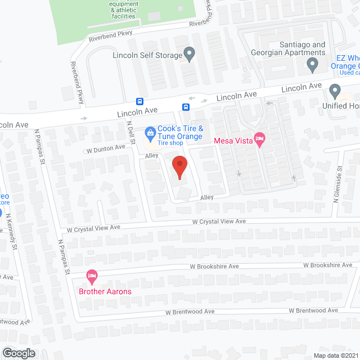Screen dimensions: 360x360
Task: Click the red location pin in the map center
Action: click(179, 167)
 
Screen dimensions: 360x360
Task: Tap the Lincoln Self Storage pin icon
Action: click(190, 55)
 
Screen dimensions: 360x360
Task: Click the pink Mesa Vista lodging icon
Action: click(259, 138)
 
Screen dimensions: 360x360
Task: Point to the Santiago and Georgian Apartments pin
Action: click(313, 66)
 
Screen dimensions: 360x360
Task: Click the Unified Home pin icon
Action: click(335, 91)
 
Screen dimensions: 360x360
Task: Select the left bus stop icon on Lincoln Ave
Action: click(139, 101)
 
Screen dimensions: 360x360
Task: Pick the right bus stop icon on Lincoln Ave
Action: click(185, 107)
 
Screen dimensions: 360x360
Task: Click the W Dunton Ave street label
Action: click(106, 148)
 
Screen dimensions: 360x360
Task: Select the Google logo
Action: click(18, 353)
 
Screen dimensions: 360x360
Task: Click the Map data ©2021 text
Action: click(335, 355)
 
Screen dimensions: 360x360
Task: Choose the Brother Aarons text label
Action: click(105, 291)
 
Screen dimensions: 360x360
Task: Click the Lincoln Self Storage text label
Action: click(147, 55)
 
